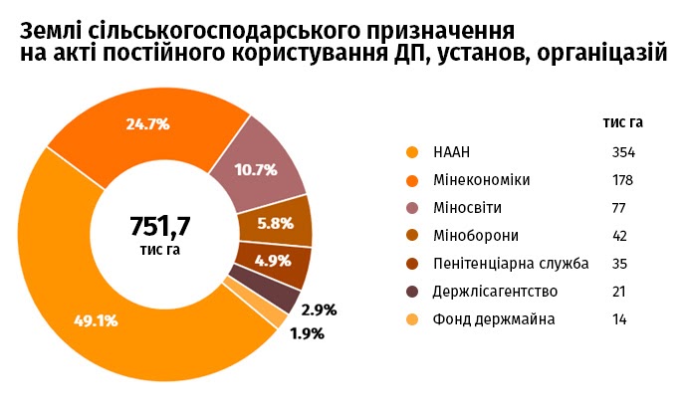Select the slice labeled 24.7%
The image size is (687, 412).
(x=148, y=125)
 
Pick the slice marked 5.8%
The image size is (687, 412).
(x=275, y=223)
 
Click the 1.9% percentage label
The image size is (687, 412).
(x=307, y=333)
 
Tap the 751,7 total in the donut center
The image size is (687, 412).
(x=159, y=225)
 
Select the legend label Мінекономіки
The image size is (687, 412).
(x=482, y=180)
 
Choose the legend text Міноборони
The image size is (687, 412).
(x=476, y=236)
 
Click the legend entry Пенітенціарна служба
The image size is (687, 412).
(x=511, y=264)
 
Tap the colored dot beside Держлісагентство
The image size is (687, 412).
(x=411, y=292)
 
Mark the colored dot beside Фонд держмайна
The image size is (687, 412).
(x=411, y=319)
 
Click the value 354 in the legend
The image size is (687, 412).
(x=624, y=152)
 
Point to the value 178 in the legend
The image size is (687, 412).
(x=624, y=180)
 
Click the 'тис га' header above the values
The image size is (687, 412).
(x=623, y=122)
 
